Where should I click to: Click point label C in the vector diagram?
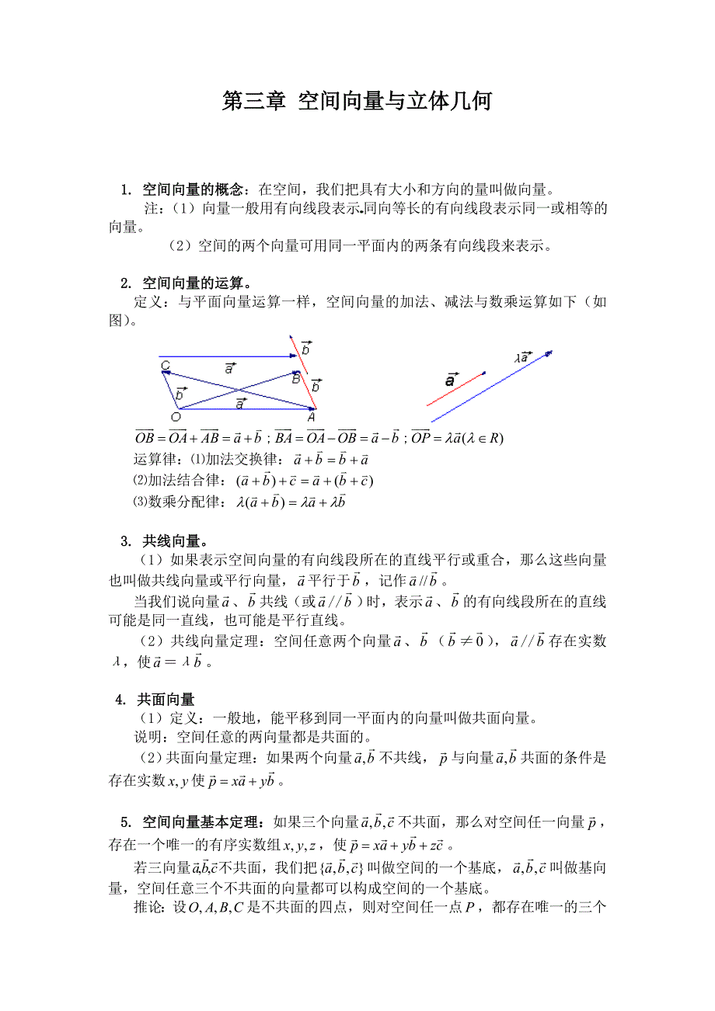166,365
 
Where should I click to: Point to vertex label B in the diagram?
295,379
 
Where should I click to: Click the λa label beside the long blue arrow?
522,358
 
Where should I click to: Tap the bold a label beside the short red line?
450,380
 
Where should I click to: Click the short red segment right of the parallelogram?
455,388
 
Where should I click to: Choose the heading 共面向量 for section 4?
166,700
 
